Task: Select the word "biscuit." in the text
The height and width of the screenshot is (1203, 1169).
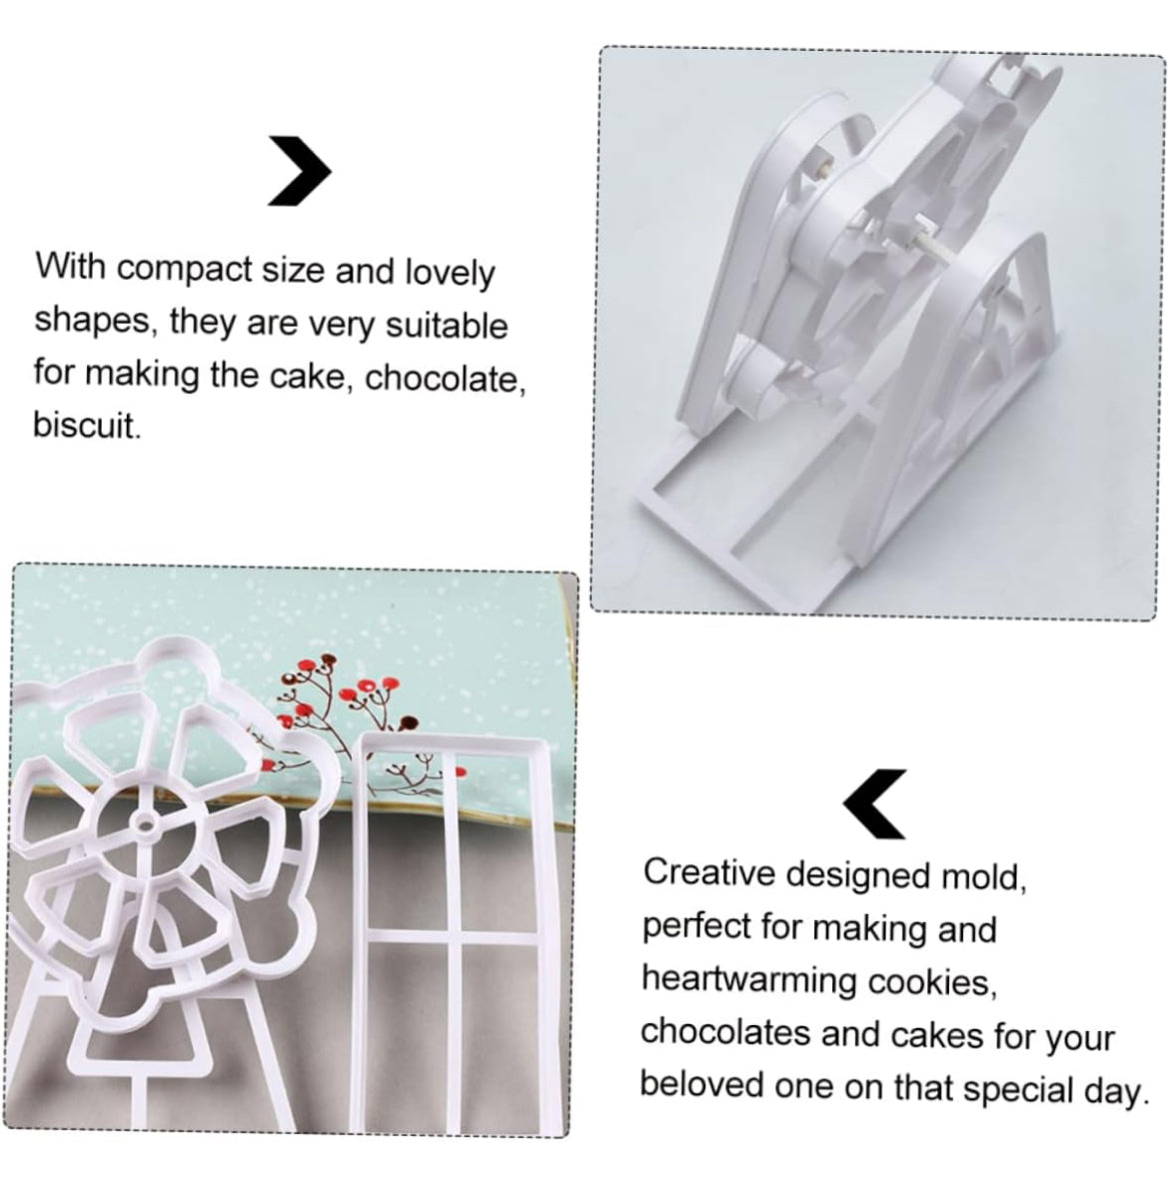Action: pyautogui.click(x=87, y=426)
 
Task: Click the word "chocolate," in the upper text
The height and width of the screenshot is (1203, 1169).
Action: pyautogui.click(x=445, y=378)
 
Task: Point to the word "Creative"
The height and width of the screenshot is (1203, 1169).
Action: pyautogui.click(x=709, y=872)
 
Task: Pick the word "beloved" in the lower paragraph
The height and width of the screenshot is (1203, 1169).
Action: pyautogui.click(x=701, y=1084)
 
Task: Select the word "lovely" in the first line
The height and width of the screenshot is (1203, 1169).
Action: pyautogui.click(x=450, y=272)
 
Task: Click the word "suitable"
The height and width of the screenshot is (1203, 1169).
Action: pyautogui.click(x=447, y=325)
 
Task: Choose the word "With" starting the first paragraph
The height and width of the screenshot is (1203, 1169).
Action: pyautogui.click(x=71, y=267)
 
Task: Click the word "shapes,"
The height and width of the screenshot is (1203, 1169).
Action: pyautogui.click(x=92, y=321)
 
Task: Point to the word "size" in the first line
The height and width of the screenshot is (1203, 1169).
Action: pyautogui.click(x=294, y=270)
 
